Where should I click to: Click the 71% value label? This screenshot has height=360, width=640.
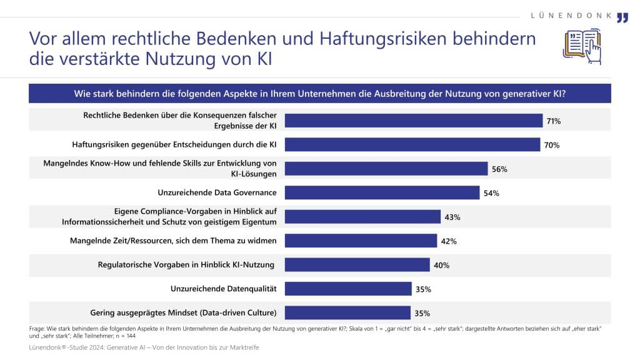(x=552, y=121)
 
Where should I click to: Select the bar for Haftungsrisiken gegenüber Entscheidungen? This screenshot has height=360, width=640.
(x=412, y=145)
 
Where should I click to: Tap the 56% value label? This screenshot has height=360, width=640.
(x=499, y=169)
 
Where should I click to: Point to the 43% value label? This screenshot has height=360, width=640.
(x=452, y=217)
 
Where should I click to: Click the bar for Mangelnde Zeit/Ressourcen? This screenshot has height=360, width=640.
(x=361, y=241)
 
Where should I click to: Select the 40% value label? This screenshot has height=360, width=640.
(x=441, y=265)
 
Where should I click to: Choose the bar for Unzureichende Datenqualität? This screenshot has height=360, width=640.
(x=348, y=289)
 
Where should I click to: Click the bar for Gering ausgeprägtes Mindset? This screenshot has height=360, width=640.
(x=348, y=312)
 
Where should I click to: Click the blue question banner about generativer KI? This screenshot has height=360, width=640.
(x=320, y=94)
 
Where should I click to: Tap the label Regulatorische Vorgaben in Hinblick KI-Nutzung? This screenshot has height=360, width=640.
(x=186, y=264)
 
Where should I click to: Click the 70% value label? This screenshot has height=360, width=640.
(x=551, y=145)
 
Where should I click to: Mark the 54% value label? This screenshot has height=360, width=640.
(x=491, y=194)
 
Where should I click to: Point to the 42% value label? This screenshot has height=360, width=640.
(x=449, y=241)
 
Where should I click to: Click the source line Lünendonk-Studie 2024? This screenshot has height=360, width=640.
(x=144, y=347)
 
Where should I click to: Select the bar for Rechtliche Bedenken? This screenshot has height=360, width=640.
(x=414, y=121)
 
